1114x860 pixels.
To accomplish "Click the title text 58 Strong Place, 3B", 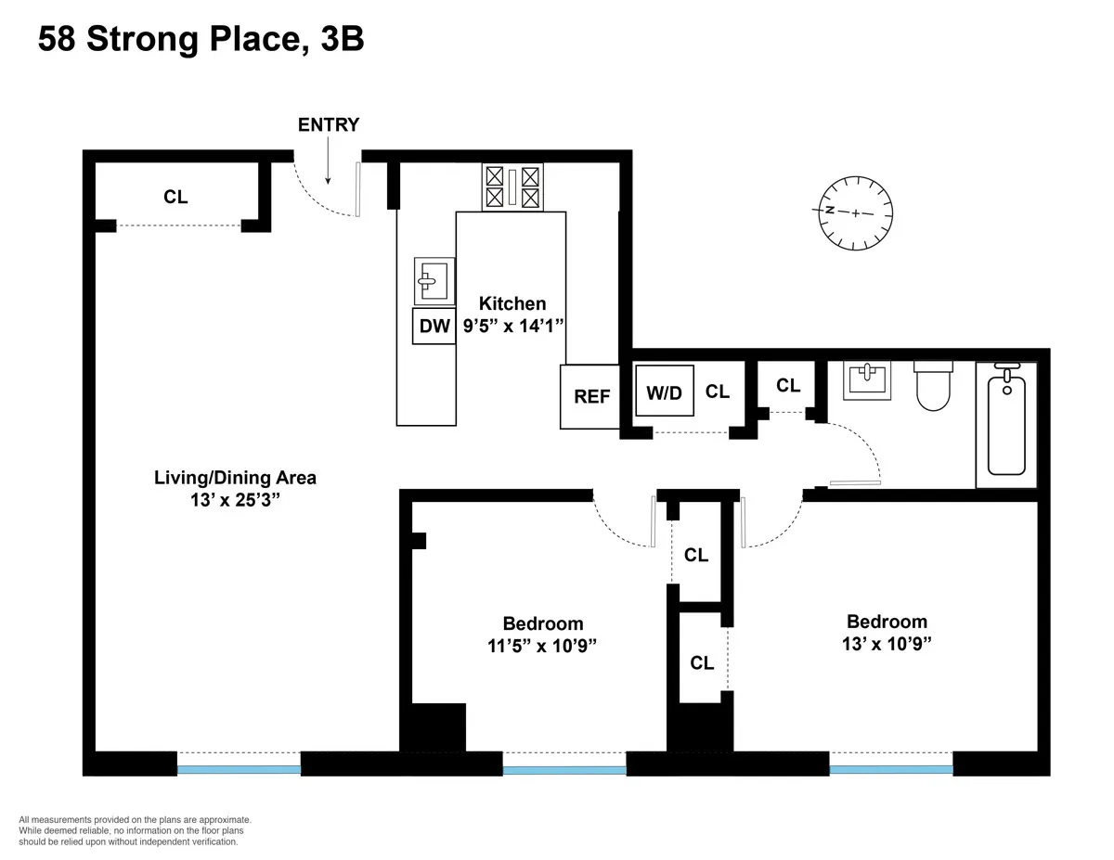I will [201, 40].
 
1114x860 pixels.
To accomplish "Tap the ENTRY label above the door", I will [328, 125].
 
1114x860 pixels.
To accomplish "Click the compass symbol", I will [855, 212].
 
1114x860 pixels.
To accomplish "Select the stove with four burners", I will [512, 186].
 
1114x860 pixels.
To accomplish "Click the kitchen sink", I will [434, 281].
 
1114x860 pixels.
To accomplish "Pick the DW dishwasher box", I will [434, 326].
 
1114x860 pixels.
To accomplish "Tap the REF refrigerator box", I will [591, 396].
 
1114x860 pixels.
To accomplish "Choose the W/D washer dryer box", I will [664, 392].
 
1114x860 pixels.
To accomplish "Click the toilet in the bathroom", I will [935, 385].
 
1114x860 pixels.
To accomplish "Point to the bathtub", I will [1005, 424].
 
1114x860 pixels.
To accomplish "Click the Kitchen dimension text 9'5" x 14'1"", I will [512, 326].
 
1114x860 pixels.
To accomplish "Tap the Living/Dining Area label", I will [235, 479].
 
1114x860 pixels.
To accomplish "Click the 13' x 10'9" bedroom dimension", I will [886, 643].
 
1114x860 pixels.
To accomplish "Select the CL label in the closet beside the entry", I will [175, 197].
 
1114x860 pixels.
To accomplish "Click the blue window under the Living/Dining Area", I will [239, 768].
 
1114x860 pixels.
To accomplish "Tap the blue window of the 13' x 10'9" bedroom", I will [891, 768].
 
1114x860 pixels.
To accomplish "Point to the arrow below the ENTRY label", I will [328, 167].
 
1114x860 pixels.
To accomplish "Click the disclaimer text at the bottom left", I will [135, 831].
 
